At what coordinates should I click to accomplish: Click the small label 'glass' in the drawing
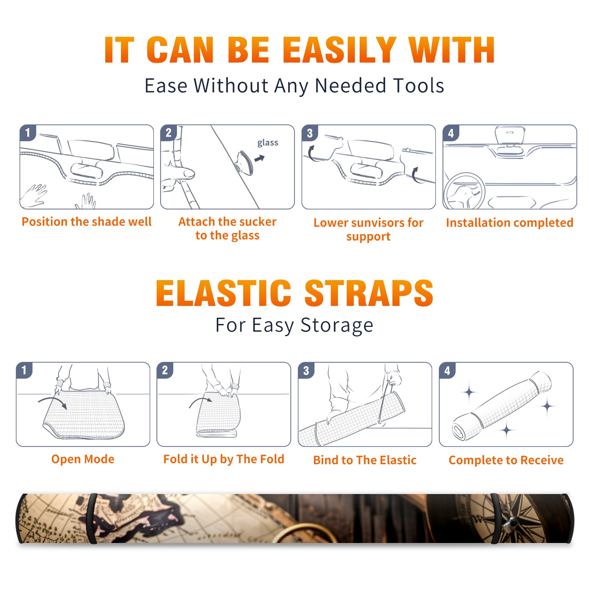[268, 143]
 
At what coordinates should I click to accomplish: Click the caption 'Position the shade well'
[87, 222]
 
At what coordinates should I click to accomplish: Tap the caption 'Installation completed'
[509, 223]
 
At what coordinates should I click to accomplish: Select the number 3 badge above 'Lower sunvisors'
[310, 133]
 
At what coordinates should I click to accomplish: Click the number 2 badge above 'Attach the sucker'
[169, 133]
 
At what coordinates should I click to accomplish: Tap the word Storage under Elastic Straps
[337, 325]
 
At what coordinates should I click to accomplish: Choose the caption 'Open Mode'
[83, 459]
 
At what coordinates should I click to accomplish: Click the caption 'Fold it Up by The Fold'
[224, 459]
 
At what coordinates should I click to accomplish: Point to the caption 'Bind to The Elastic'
[365, 460]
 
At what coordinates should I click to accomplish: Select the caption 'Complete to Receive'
[506, 460]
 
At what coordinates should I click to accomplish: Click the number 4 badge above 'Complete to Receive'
[447, 370]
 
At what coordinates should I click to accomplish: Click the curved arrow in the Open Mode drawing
[52, 401]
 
